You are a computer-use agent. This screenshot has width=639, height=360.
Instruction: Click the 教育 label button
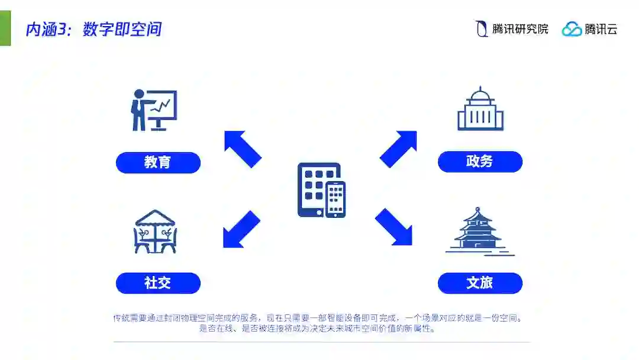point(158,163)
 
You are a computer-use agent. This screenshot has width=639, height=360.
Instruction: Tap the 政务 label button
point(480,162)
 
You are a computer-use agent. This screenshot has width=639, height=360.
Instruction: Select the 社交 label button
point(158,283)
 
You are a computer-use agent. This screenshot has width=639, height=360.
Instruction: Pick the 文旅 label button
point(480,283)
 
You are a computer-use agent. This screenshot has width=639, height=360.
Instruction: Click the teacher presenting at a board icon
point(153,110)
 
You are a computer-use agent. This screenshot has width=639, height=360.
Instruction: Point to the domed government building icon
point(480,110)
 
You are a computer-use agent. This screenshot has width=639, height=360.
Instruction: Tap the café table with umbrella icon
point(155,232)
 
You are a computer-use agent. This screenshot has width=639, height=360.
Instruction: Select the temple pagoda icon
point(479,232)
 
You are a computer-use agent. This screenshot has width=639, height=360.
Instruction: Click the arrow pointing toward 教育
point(243,149)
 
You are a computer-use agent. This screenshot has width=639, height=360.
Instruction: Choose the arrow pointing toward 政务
point(398,149)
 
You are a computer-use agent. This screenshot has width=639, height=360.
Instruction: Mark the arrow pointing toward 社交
point(241,229)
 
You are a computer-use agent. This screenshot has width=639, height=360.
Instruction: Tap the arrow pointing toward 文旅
point(393,227)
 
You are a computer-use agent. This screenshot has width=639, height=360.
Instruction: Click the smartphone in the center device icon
point(335,200)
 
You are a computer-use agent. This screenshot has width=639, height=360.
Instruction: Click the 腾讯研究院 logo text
point(520,28)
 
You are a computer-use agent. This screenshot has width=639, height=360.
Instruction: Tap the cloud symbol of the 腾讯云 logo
point(572,29)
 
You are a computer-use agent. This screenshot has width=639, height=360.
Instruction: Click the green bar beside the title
point(5,28)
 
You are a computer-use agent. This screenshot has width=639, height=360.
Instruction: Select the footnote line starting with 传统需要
point(318,318)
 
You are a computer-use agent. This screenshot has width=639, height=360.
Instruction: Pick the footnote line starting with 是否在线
point(318,329)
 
